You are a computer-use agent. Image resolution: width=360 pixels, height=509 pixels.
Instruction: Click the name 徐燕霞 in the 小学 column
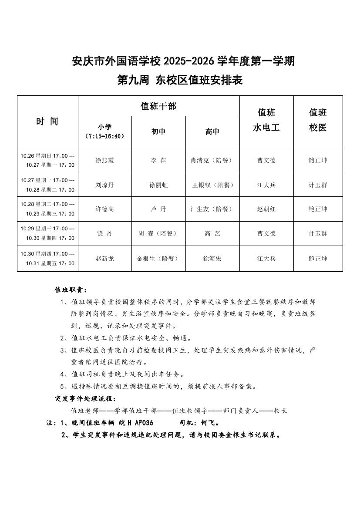tap(104, 160)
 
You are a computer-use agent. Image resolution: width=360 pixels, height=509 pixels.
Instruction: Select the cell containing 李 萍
tap(158, 160)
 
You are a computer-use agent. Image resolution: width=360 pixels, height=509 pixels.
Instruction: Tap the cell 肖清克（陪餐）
tap(212, 160)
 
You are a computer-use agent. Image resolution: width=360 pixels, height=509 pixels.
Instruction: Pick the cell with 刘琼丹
tap(104, 185)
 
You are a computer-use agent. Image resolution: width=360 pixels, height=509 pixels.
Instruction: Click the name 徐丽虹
tap(158, 185)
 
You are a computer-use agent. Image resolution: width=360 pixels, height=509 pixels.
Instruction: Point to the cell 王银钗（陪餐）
tap(212, 185)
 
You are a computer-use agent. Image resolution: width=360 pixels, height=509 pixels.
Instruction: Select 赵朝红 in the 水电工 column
tap(266, 209)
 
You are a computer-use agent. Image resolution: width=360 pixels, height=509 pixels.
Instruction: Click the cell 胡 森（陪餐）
tap(158, 233)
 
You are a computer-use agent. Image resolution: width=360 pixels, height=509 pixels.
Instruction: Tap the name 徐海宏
tap(212, 259)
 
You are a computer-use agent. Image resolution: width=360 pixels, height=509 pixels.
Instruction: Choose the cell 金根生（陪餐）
tap(158, 259)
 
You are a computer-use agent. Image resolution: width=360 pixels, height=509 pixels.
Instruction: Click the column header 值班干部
tap(158, 106)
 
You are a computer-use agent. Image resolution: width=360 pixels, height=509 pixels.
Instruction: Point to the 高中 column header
tap(212, 131)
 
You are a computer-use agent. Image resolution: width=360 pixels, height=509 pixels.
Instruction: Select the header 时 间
tap(47, 121)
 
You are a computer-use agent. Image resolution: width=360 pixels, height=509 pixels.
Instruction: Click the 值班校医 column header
tap(318, 120)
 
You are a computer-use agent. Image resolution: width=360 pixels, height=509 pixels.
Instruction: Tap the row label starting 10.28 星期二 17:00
tap(47, 209)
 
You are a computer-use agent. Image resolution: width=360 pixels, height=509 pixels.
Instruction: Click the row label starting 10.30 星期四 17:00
tap(47, 259)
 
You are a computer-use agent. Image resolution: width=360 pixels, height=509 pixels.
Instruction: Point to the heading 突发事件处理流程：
tap(86, 398)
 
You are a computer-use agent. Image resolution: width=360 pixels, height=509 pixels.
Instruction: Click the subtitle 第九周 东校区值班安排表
tap(180, 80)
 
